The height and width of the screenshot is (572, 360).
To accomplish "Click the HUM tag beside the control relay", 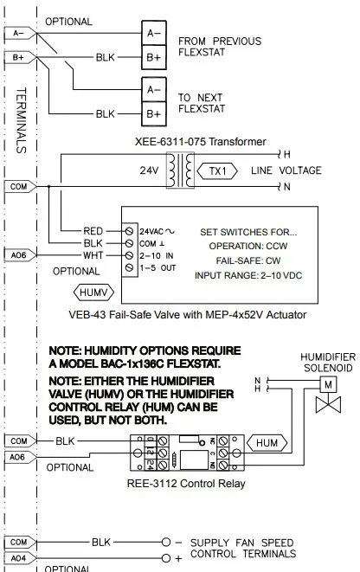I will coord(268,442).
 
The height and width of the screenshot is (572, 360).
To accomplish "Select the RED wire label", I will coord(93,231).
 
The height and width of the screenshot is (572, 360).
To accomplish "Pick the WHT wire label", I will coord(93,256).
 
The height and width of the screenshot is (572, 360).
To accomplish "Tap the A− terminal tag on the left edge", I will coord(19,33).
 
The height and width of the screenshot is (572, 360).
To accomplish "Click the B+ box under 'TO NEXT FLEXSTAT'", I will coord(153,113).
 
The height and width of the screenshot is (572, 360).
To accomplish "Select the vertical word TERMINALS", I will coord(22,119).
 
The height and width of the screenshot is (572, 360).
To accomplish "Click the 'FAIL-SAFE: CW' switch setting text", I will coord(247,260).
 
